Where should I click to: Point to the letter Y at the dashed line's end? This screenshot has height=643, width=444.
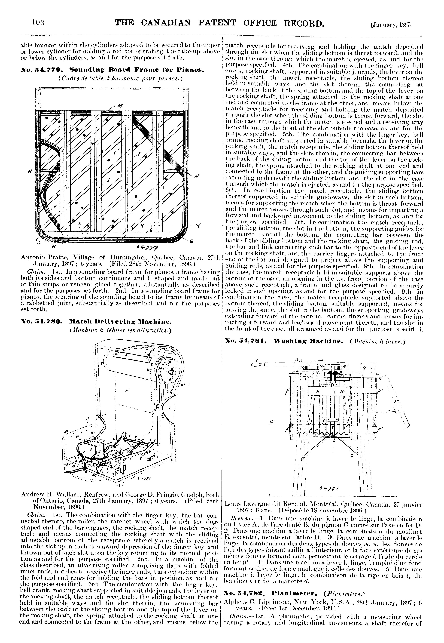click(x=198, y=226)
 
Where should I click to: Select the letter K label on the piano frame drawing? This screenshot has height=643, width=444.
click(x=55, y=206)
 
